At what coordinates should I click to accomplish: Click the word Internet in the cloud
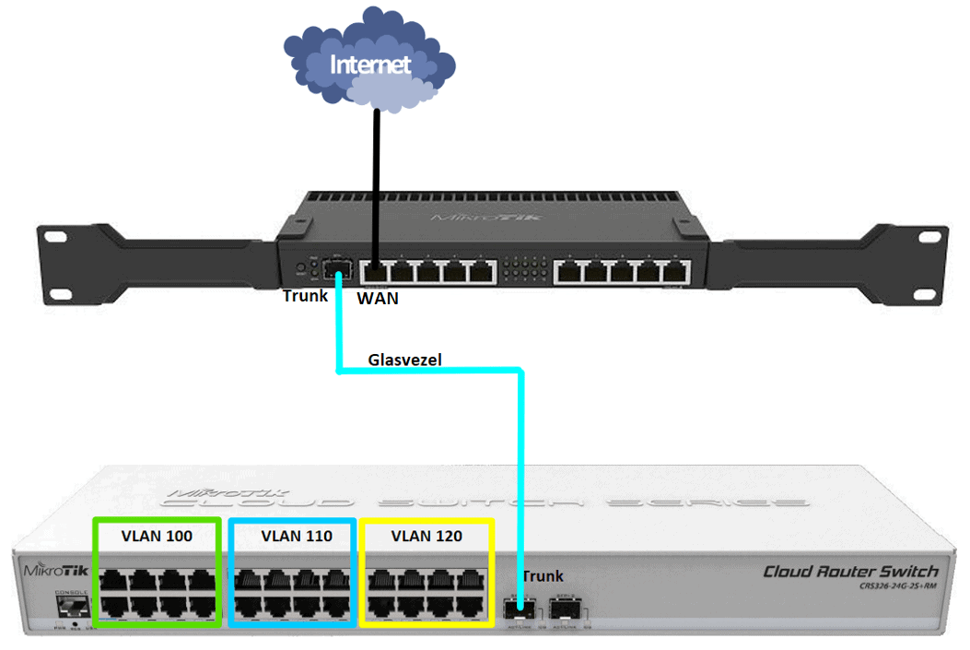tap(369, 65)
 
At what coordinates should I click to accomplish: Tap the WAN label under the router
tap(378, 299)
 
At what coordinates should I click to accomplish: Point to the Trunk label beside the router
tap(304, 297)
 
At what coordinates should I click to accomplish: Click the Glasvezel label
tap(404, 360)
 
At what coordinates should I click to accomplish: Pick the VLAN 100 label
tap(157, 535)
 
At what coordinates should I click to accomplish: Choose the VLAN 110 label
tap(292, 535)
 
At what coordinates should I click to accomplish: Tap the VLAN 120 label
tap(427, 535)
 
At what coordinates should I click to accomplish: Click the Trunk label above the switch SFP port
tap(543, 576)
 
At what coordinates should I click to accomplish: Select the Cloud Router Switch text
tap(849, 572)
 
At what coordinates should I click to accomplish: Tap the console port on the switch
tap(72, 606)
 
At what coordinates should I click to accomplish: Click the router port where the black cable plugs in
tap(376, 272)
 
